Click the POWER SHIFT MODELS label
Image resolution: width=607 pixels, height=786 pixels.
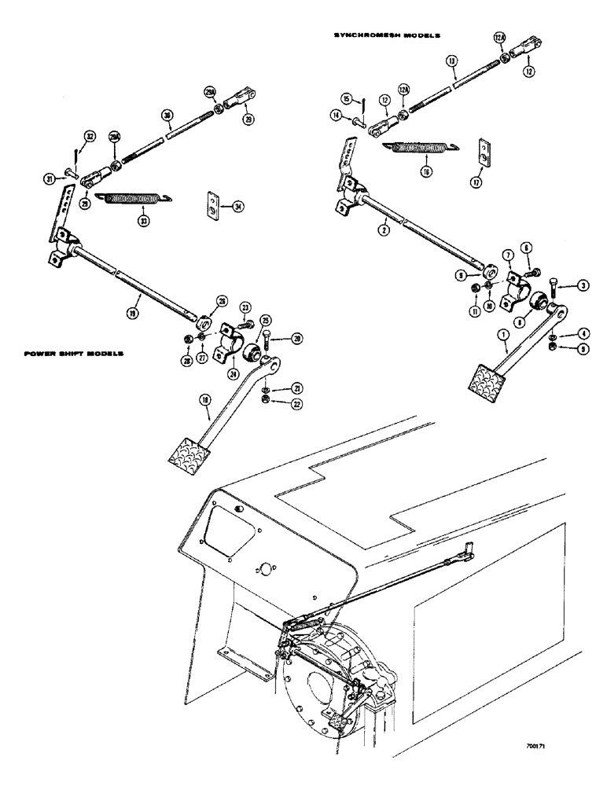click(74, 355)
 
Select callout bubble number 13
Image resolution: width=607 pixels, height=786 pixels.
click(451, 59)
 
